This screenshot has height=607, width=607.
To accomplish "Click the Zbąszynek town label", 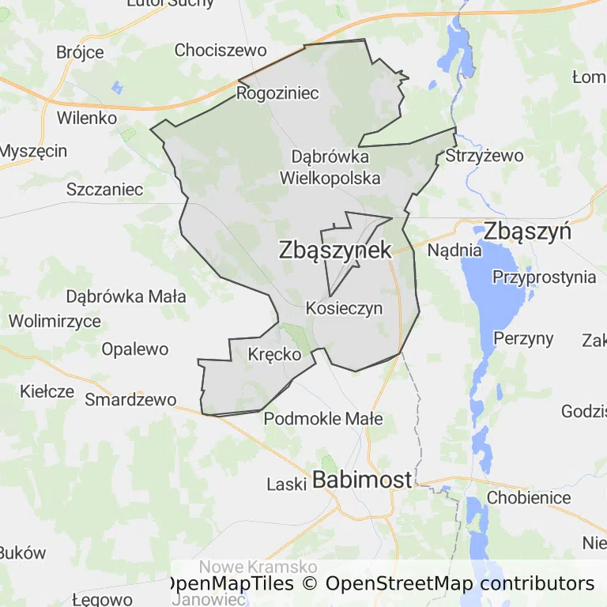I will coord(335,251).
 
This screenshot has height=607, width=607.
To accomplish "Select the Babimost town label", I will coord(363,480).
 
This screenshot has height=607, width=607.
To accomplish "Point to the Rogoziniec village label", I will coord(277,93).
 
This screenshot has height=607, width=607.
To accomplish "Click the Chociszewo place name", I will coord(221,50).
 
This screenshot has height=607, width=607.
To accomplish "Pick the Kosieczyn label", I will coord(344,308).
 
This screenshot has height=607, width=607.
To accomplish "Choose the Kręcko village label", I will coord(274,354).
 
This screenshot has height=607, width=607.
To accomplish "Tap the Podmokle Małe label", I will coord(323,419).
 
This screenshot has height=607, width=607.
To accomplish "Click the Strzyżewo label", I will coord(484,156).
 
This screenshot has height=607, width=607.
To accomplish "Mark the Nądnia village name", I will coord(454,251).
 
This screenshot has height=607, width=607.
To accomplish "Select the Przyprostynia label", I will coord(544,277).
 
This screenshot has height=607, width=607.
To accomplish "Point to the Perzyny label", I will coord(523,338).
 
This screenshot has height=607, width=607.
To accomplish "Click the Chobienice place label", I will coord(529,498).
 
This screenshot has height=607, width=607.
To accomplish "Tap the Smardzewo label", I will coord(130,399).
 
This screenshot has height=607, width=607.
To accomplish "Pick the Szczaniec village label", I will coord(105,190).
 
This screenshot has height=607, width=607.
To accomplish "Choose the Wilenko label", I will coord(87,118).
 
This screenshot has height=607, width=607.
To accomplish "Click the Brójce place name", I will coord(80,53).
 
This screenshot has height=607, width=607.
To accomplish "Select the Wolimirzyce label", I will coord(55,322).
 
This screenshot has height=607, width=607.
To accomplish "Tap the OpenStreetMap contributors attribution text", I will coord(460,584).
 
